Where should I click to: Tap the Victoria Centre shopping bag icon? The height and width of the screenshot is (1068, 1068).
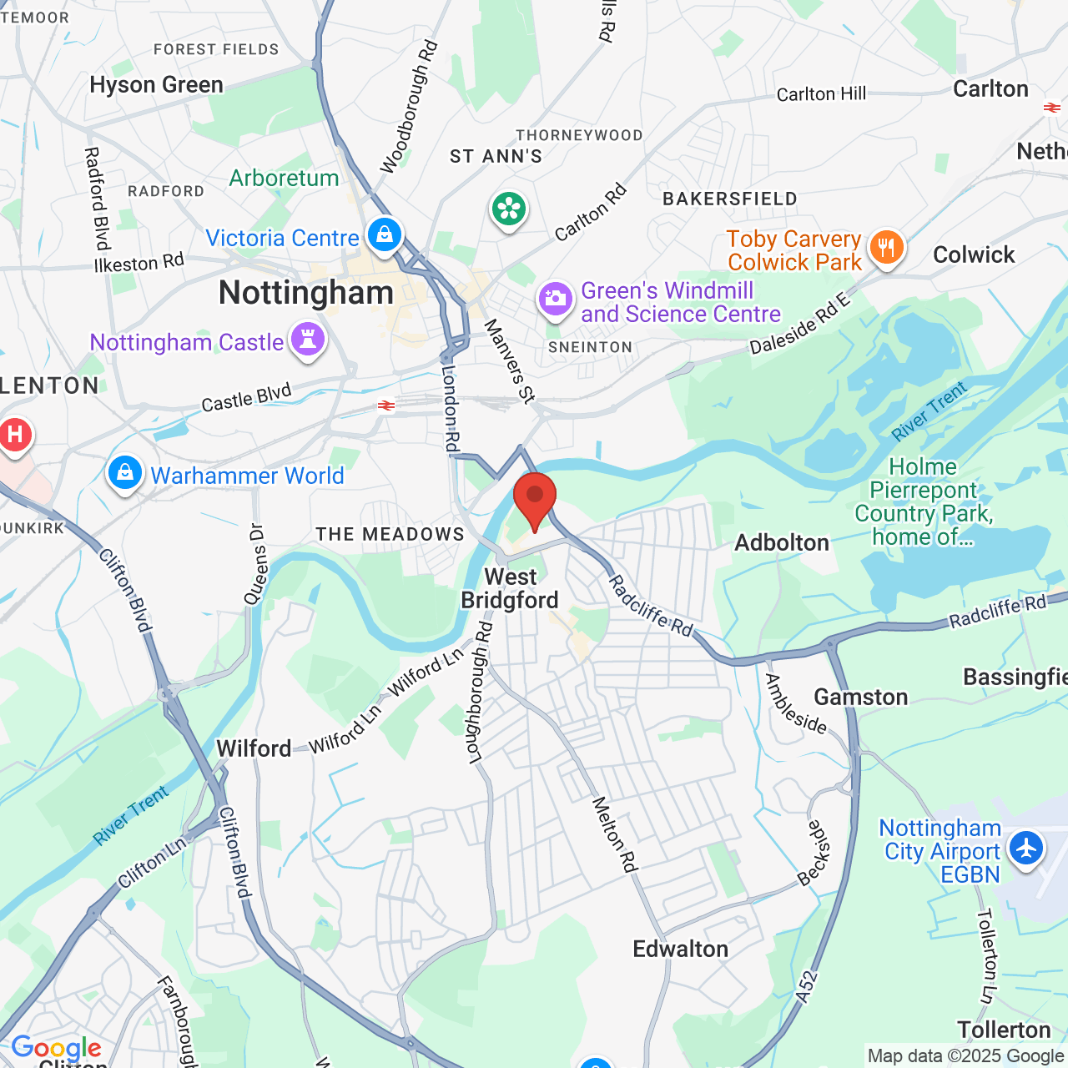384,234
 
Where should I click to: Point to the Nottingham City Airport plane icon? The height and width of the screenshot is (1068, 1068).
1025,849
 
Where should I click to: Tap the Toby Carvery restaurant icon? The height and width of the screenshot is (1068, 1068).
886,248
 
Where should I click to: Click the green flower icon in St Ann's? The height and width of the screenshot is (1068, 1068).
509,209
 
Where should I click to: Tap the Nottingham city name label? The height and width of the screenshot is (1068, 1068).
305,293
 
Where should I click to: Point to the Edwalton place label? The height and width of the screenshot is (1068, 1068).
680,949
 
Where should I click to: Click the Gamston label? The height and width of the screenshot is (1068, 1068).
860,697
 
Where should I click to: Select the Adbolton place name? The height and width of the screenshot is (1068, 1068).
782,542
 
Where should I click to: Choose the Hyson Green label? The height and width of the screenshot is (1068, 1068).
156,85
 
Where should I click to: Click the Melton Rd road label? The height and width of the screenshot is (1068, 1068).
615,834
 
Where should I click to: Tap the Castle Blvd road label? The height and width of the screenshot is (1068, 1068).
246,397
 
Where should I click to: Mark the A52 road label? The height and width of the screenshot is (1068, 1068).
805,988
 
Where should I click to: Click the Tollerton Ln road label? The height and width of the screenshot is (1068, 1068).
987,956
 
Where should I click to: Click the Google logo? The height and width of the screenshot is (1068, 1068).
56,1048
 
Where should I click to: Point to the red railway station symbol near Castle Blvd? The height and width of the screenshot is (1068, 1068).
385,406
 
